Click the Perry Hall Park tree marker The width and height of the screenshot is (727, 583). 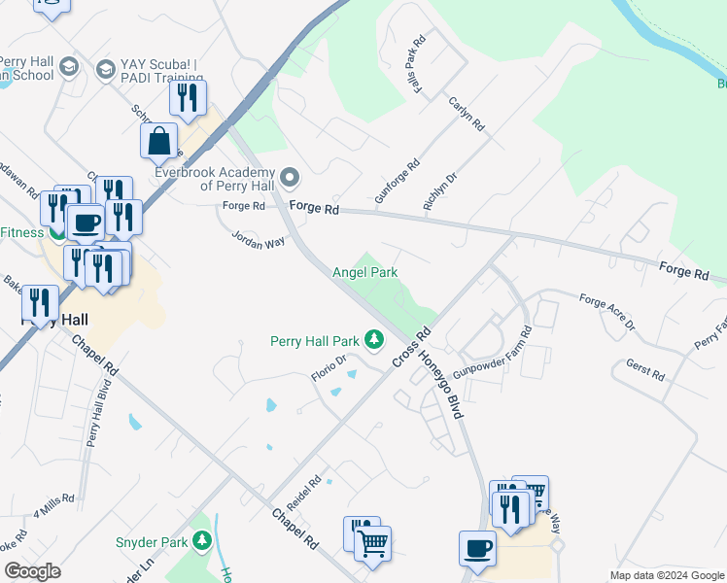(x=374, y=340)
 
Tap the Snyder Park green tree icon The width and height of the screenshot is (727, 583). (x=202, y=540)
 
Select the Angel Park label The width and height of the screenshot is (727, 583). (x=364, y=274)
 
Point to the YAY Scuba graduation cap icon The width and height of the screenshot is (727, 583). (x=105, y=68)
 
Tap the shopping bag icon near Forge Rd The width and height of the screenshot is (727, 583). (x=160, y=142)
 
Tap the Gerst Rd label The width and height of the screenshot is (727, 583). (x=645, y=370)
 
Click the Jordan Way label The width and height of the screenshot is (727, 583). (x=258, y=238)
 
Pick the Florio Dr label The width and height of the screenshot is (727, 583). (x=329, y=367)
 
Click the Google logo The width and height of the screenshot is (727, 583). (x=32, y=571)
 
